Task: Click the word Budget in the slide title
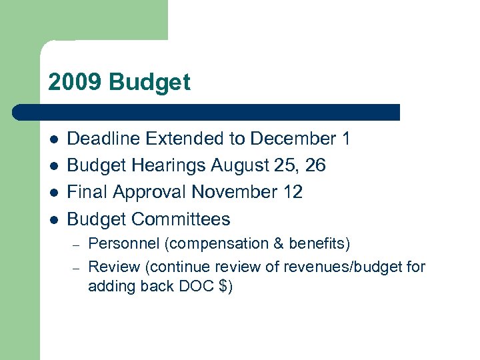(149, 83)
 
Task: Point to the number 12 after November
(293, 192)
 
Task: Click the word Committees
(181, 219)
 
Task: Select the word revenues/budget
(347, 267)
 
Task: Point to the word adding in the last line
(109, 287)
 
